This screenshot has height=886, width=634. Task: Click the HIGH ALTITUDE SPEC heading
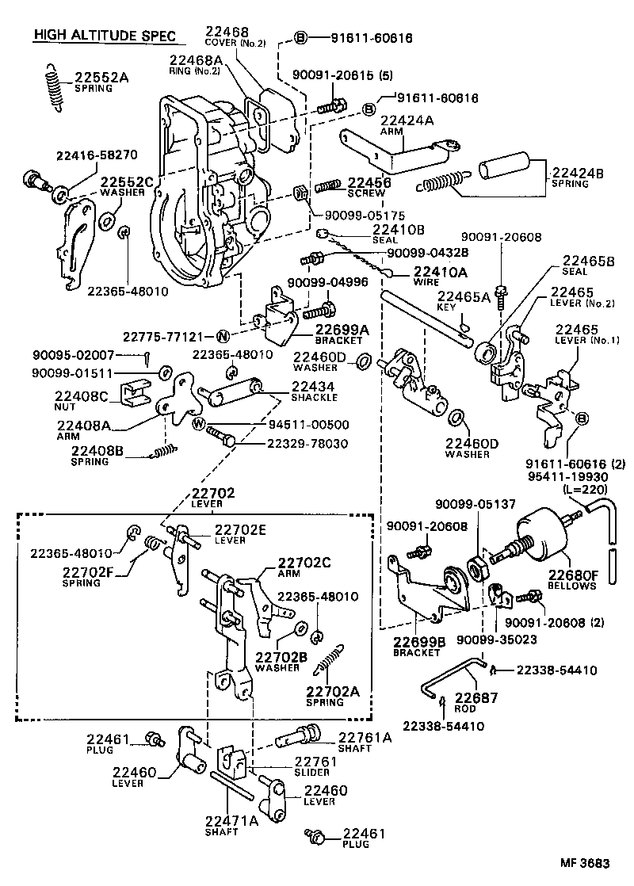pyautogui.click(x=103, y=36)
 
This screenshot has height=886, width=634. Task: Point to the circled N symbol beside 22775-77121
pyautogui.click(x=223, y=336)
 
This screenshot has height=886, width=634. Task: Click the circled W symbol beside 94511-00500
pyautogui.click(x=199, y=424)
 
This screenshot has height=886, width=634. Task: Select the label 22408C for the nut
pyautogui.click(x=82, y=396)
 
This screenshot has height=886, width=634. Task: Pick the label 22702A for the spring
pyautogui.click(x=333, y=690)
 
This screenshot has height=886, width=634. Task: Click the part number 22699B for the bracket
pyautogui.click(x=416, y=640)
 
